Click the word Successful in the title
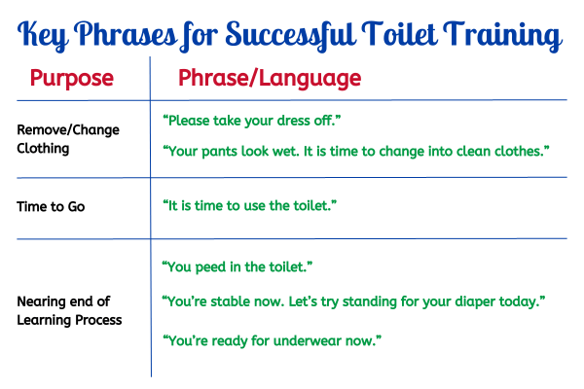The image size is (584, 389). tap(290, 35)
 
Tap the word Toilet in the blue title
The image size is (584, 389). tap(399, 34)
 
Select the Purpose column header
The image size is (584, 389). tap(71, 79)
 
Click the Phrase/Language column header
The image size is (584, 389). tap(270, 79)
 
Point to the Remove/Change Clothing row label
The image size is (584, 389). tap(68, 139)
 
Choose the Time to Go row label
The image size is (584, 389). tap(51, 206)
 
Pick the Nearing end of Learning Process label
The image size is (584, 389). tap(69, 310)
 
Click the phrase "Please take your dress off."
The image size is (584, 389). tap(252, 121)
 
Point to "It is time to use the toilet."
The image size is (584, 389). tap(249, 205)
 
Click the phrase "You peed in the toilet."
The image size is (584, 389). tap(237, 266)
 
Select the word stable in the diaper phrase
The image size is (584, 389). tap(229, 301)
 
